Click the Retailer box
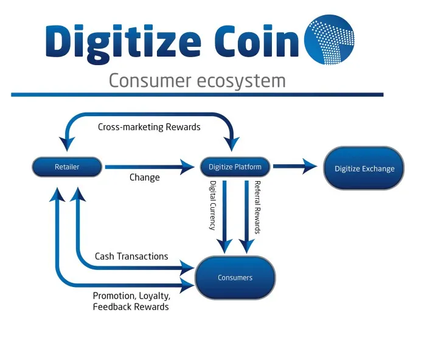tap(67, 167)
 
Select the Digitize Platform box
tap(235, 167)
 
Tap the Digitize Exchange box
tap(364, 168)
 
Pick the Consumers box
tap(235, 278)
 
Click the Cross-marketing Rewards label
tap(149, 127)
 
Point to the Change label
tap(144, 178)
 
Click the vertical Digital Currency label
tap(213, 206)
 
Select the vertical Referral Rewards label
tap(257, 207)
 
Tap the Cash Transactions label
tap(131, 256)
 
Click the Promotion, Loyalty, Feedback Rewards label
tap(131, 301)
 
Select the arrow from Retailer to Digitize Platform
tap(150, 167)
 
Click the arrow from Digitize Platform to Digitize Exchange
tap(295, 167)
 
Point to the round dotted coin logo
tap(329, 40)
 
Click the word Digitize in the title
tap(123, 43)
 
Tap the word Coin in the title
tap(257, 41)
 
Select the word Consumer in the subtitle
tap(150, 81)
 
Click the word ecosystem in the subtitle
tap(242, 81)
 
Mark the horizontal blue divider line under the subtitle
tap(197, 95)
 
